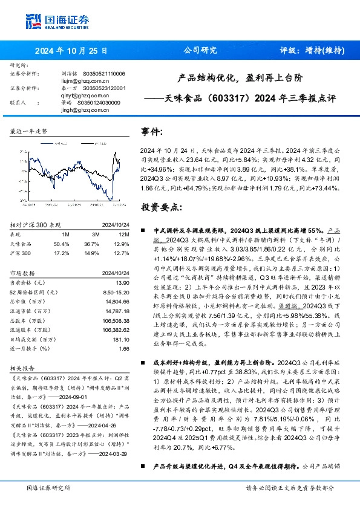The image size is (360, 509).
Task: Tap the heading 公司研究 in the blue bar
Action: (x=200, y=51)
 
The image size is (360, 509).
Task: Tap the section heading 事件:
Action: (x=152, y=131)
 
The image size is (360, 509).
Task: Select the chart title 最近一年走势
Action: (x=29, y=131)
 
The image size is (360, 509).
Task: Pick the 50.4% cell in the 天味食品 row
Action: (x=62, y=243)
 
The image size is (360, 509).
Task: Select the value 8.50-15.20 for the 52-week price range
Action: (x=116, y=292)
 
